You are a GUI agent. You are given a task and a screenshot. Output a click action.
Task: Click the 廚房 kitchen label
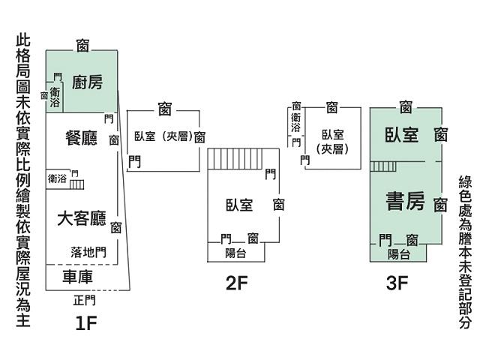tap(87, 82)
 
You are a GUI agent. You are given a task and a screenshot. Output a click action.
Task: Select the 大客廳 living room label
tap(82, 219)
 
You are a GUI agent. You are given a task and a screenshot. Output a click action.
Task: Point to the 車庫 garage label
tap(77, 277)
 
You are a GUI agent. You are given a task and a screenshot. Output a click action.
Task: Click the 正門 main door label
tap(85, 301)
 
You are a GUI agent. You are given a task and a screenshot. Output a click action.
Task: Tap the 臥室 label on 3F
tap(401, 135)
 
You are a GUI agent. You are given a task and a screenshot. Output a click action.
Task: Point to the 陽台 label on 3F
tap(398, 254)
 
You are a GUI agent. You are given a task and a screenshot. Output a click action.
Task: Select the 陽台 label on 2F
tap(235, 253)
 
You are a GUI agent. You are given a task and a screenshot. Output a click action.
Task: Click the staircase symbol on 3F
tap(382, 166)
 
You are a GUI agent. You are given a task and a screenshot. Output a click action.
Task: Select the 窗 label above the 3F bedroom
tap(406, 107)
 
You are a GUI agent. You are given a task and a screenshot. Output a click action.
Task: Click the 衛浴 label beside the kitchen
tap(55, 97)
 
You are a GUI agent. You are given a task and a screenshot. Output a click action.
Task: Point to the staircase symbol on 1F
tap(77, 182)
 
